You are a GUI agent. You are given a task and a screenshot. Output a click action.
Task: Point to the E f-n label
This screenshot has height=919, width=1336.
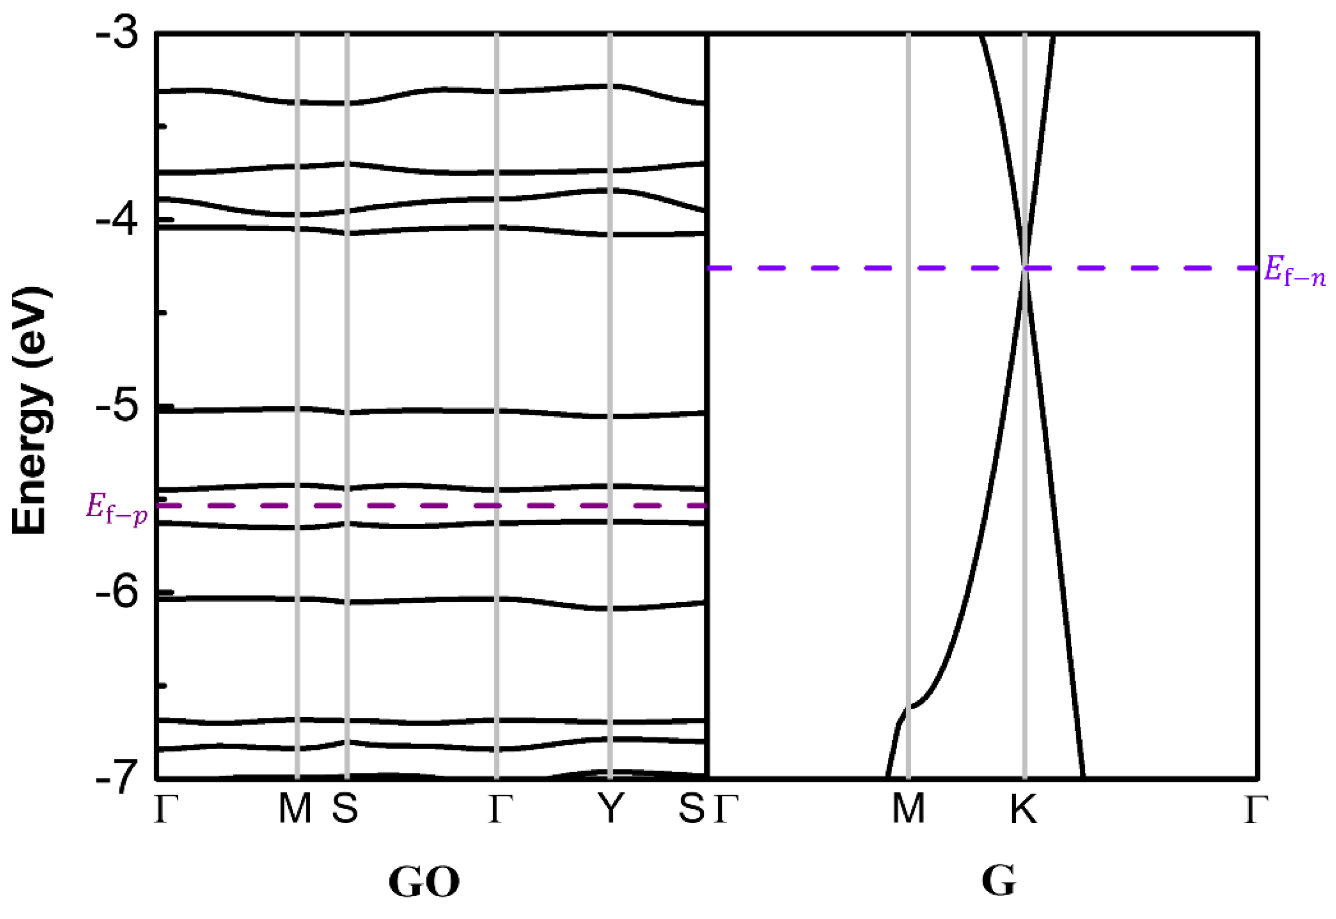pos(1294,271)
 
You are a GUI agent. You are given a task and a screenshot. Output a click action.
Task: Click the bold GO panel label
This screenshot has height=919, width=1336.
pos(424,881)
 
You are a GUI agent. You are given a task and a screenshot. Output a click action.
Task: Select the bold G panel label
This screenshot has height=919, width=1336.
pos(999,881)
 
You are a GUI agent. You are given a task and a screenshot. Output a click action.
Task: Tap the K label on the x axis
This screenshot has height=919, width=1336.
pos(1024,809)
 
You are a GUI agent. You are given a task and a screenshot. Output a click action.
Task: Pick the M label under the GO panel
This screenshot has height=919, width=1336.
pos(295,809)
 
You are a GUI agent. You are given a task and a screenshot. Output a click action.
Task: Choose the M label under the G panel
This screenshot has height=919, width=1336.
pos(908,809)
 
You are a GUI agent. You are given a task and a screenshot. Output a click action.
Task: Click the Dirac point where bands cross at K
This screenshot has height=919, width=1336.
pos(1024,268)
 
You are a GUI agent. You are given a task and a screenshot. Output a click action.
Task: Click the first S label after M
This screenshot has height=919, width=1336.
pos(345,809)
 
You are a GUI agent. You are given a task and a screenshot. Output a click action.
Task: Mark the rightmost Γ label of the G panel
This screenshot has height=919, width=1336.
pos(1255,809)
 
